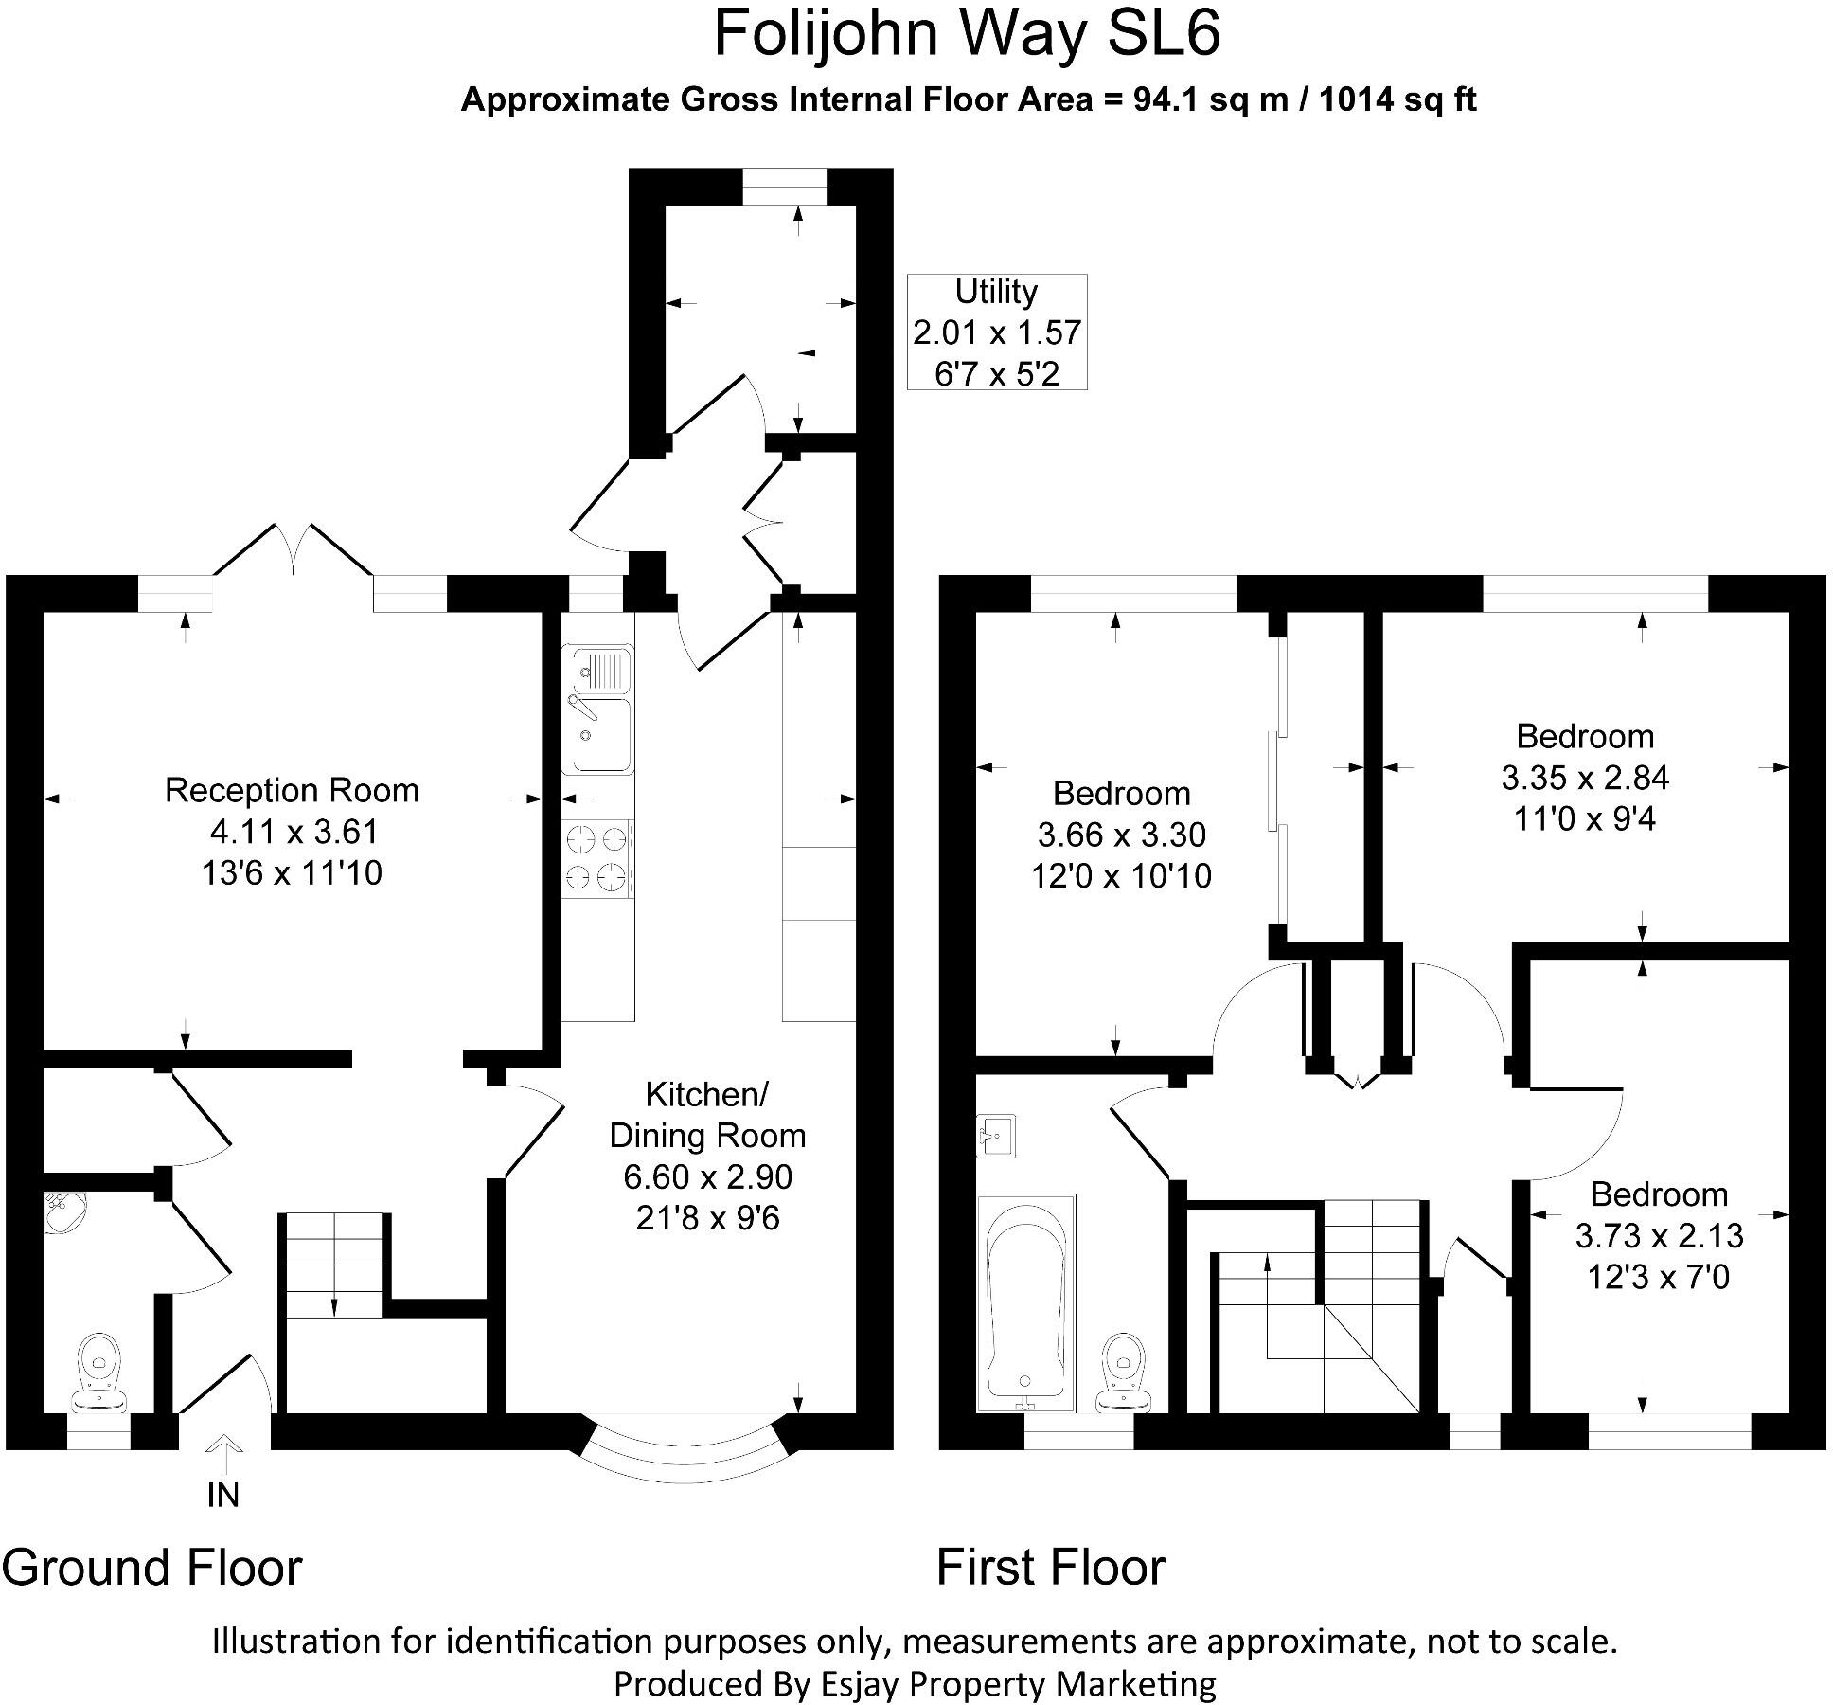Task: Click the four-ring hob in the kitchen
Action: click(x=596, y=858)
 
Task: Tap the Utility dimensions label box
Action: click(x=996, y=332)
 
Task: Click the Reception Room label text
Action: click(x=292, y=790)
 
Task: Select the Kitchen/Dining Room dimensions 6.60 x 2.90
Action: click(x=707, y=1176)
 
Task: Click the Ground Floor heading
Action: click(x=151, y=1568)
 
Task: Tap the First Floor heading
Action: click(x=1050, y=1568)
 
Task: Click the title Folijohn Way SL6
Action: click(x=966, y=34)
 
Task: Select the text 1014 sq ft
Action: click(x=1397, y=99)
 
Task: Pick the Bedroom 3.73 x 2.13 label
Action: click(x=1658, y=1235)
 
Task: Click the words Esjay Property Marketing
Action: click(x=1013, y=1683)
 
